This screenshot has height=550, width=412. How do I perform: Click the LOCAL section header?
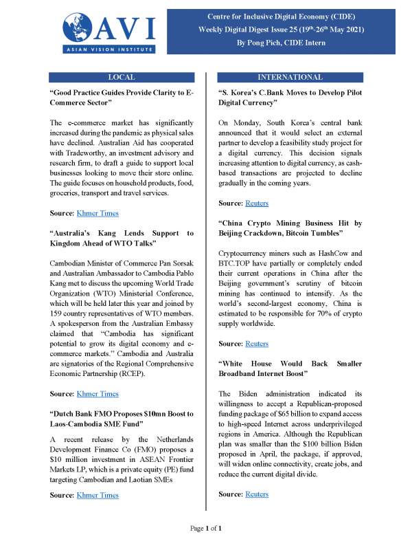pyautogui.click(x=122, y=77)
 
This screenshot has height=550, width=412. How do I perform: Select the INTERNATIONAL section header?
pyautogui.click(x=289, y=77)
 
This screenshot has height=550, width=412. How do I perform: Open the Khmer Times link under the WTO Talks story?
pyautogui.click(x=98, y=394)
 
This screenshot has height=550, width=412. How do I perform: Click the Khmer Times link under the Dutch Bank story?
pyautogui.click(x=98, y=495)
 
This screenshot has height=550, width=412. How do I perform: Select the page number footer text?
pyautogui.click(x=205, y=528)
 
